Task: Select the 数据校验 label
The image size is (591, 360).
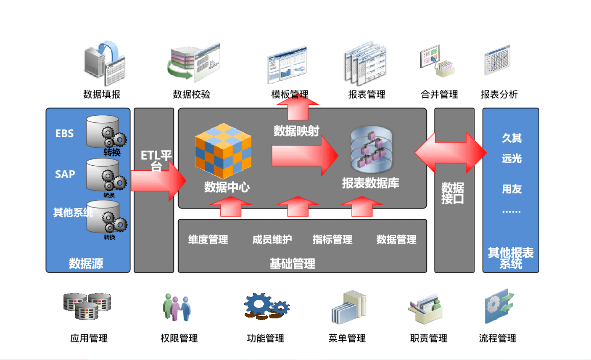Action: coord(191,94)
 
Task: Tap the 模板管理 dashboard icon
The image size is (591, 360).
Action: coord(288,66)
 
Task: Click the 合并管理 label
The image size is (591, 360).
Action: coord(439,94)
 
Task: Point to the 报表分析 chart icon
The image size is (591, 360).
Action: coord(497,61)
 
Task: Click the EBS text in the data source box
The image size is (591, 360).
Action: coord(65,133)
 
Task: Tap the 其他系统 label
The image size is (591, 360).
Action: coord(72,212)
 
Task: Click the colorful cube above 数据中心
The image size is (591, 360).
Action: coord(223,151)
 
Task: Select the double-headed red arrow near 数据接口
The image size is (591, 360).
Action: coord(451,152)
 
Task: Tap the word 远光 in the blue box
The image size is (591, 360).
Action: coord(512,159)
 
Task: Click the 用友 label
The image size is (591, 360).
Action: coord(512,189)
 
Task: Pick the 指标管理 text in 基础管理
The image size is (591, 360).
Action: coord(332,240)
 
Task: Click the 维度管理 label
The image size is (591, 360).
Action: coord(208,240)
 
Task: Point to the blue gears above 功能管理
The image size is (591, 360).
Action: coord(266,306)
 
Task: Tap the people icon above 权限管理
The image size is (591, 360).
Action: coord(177,307)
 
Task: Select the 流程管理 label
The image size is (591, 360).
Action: coord(497,338)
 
